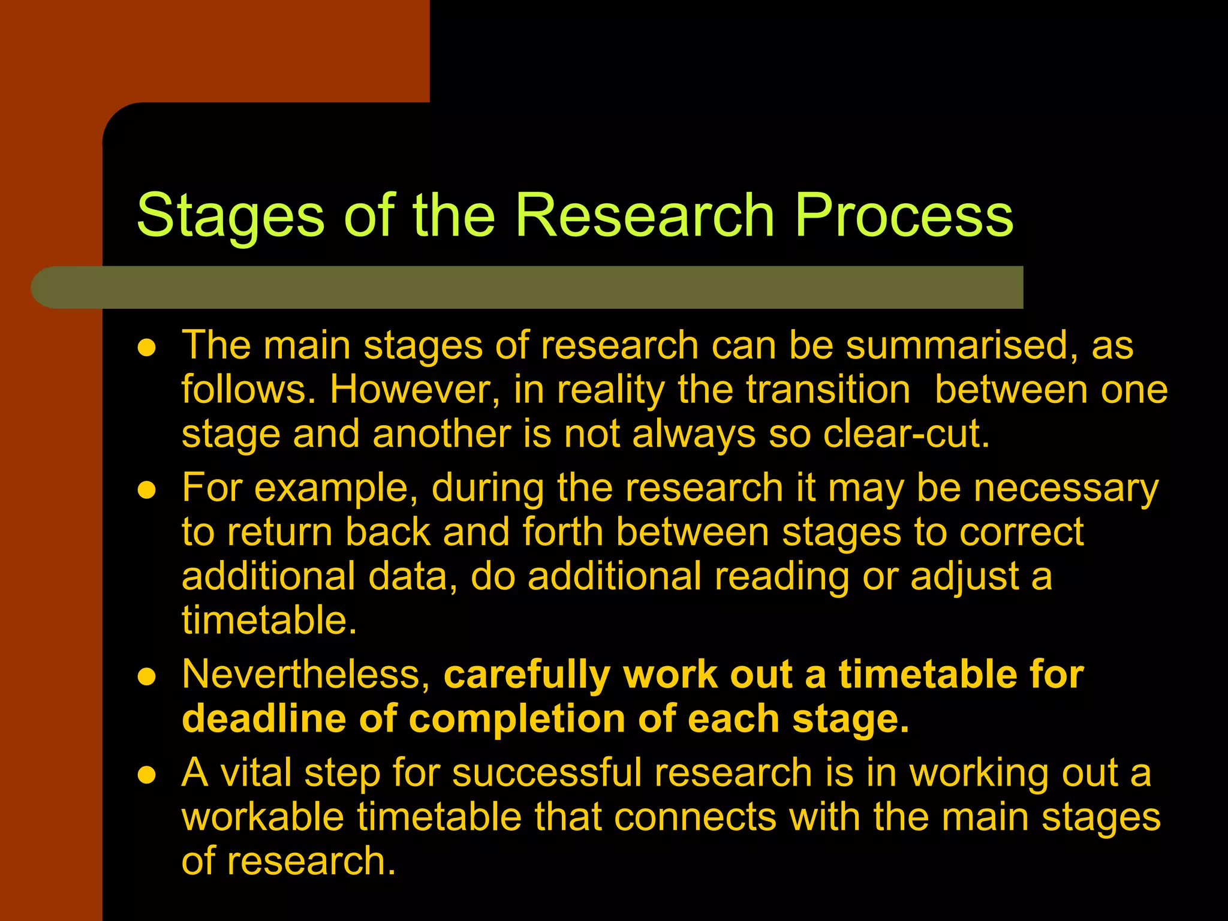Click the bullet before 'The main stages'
[x=147, y=347]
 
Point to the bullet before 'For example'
[x=147, y=490]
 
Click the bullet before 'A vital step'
[x=147, y=775]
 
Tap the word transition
[x=828, y=390]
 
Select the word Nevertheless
[x=306, y=674]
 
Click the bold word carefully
[x=526, y=675]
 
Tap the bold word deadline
[x=264, y=718]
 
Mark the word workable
[x=263, y=817]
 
